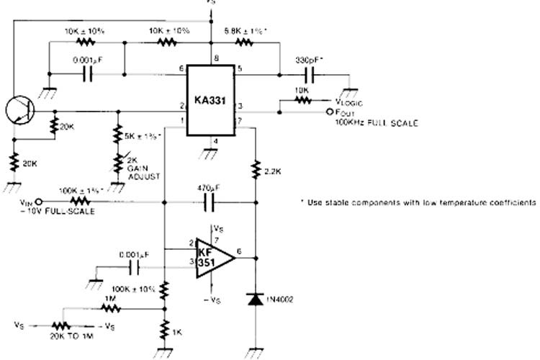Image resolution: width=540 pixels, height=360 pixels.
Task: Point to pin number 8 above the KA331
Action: pos(215,56)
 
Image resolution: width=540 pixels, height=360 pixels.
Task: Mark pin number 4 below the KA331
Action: pos(215,141)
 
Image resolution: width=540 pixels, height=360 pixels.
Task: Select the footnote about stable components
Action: pos(418,202)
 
